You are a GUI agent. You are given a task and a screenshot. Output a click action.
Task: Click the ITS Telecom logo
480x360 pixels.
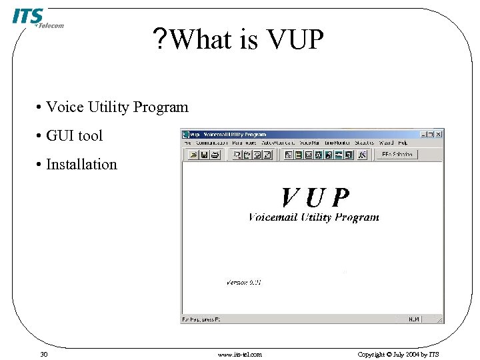click(x=36, y=18)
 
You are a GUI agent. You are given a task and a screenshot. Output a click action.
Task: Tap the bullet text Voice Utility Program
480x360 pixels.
click(x=117, y=107)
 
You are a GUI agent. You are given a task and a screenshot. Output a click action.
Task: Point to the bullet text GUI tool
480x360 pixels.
click(x=74, y=136)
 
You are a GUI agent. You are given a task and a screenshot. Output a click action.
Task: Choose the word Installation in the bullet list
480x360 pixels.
click(x=81, y=165)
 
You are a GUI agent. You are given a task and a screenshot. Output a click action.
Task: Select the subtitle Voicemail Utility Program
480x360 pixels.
click(x=313, y=217)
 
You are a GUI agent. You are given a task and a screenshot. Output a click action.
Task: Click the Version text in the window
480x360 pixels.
click(x=244, y=283)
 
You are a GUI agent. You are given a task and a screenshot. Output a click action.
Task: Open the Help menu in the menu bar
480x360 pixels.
click(x=403, y=143)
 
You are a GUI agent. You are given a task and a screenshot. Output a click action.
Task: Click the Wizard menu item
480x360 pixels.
click(x=386, y=143)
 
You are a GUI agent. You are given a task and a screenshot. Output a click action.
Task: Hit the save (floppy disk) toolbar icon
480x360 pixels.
click(x=204, y=155)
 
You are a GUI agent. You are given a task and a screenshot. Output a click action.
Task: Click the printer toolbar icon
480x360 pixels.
click(x=215, y=155)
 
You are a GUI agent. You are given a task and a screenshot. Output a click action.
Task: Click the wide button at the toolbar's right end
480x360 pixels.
click(x=396, y=155)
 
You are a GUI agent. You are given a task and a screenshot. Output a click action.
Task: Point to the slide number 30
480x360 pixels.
click(x=43, y=354)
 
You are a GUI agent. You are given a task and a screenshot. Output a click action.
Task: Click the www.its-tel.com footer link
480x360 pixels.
click(x=240, y=354)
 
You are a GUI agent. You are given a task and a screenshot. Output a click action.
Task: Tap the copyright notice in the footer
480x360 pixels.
click(x=398, y=354)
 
